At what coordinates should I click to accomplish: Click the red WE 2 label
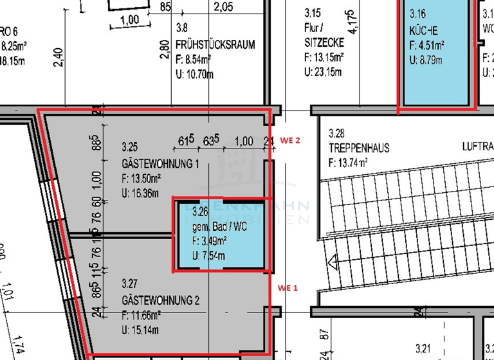tap(289, 140)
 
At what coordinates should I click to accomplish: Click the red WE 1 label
tap(287, 288)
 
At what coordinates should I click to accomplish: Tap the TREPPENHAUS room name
tap(358, 148)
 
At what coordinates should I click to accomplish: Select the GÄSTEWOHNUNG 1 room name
tap(160, 164)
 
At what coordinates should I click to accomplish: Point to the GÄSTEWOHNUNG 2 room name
tap(160, 300)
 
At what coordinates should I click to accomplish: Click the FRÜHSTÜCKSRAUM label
tap(215, 45)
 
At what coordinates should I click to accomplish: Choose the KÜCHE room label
tap(423, 31)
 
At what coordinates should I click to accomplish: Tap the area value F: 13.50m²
tap(149, 179)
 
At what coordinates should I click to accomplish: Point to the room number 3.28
tap(336, 134)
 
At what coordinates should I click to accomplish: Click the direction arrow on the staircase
tap(333, 262)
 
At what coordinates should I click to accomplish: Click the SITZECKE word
tap(324, 42)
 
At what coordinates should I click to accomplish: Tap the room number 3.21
tap(423, 349)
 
